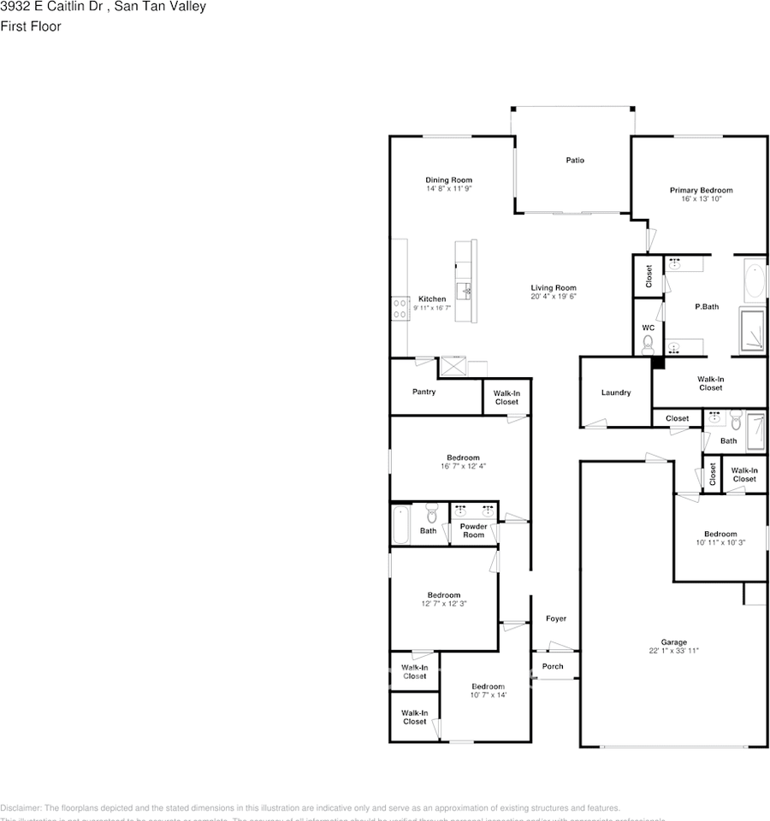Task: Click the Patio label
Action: point(575,160)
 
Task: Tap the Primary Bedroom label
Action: point(701,190)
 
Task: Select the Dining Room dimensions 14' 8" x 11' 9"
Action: point(449,188)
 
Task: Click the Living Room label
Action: point(554,288)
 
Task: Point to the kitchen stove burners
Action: point(400,308)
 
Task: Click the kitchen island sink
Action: point(466,291)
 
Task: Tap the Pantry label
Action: point(423,392)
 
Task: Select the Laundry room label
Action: point(616,393)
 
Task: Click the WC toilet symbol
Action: point(648,344)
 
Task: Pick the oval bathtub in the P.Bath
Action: point(755,282)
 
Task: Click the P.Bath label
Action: point(706,306)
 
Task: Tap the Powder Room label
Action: point(473,531)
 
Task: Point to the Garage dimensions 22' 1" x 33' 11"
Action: point(673,651)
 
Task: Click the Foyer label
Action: point(556,618)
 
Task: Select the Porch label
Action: point(553,666)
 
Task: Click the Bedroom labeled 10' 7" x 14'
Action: point(488,687)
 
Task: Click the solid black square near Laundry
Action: point(658,363)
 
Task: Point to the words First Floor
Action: point(31,27)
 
